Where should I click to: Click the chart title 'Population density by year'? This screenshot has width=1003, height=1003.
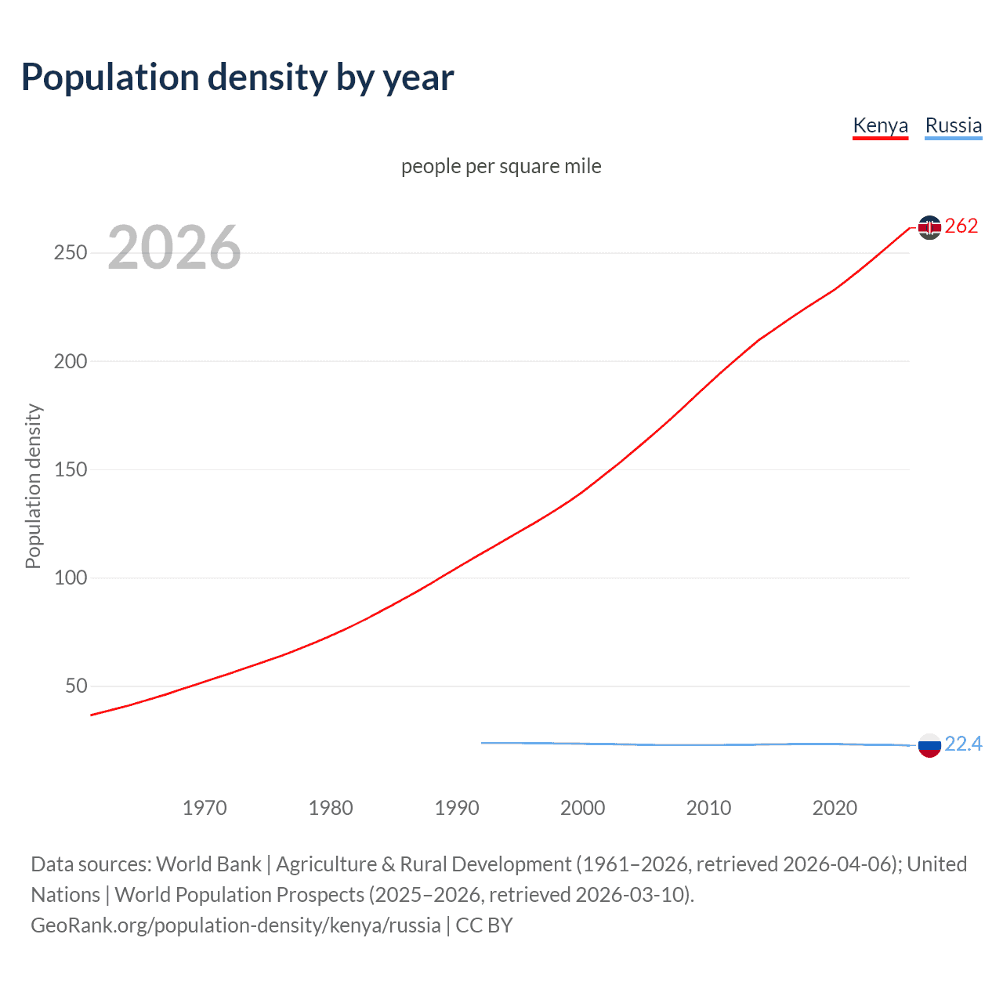tap(237, 78)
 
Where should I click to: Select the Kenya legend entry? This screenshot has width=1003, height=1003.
tap(880, 125)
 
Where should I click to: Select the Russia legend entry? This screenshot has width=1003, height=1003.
tap(953, 125)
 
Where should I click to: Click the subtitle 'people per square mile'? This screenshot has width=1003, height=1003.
tap(501, 166)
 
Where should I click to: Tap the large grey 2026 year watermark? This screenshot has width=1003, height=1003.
tap(174, 248)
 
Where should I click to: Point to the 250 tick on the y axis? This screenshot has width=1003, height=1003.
tap(71, 253)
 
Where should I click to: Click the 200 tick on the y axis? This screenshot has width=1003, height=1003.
tap(71, 361)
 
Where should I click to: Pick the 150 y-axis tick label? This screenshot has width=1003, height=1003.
tap(71, 469)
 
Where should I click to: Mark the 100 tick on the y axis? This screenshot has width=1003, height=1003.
tap(71, 578)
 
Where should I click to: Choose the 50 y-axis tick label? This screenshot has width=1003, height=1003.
tap(76, 686)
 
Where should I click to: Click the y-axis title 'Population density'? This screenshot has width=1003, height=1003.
tap(33, 486)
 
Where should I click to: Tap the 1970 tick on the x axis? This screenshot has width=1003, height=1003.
tap(205, 808)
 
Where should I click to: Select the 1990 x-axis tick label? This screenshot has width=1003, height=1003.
tap(457, 808)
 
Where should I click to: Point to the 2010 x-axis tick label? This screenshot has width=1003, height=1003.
tap(708, 808)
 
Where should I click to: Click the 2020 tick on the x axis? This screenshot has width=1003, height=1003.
tap(835, 808)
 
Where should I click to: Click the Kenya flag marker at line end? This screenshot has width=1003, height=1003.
tap(929, 227)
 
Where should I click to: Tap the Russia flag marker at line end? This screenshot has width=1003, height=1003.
tap(929, 745)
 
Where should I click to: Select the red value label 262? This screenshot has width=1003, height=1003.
tap(961, 226)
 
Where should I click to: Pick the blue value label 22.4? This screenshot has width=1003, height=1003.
tap(963, 744)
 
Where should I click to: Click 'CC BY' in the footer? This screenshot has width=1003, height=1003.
tap(484, 925)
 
